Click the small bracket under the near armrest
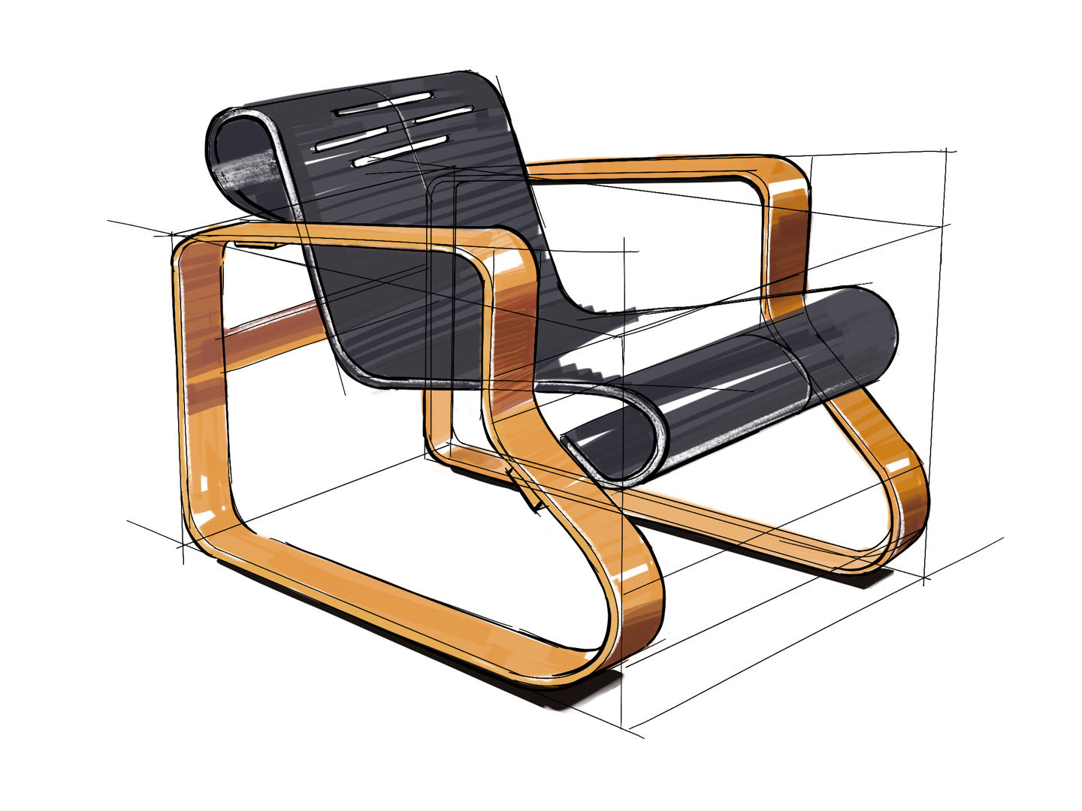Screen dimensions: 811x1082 coord(259,245)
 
